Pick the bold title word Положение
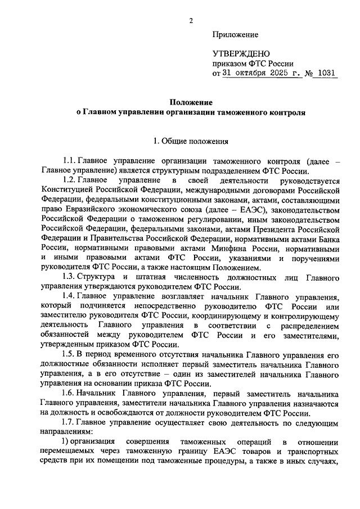pyautogui.click(x=191, y=102)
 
